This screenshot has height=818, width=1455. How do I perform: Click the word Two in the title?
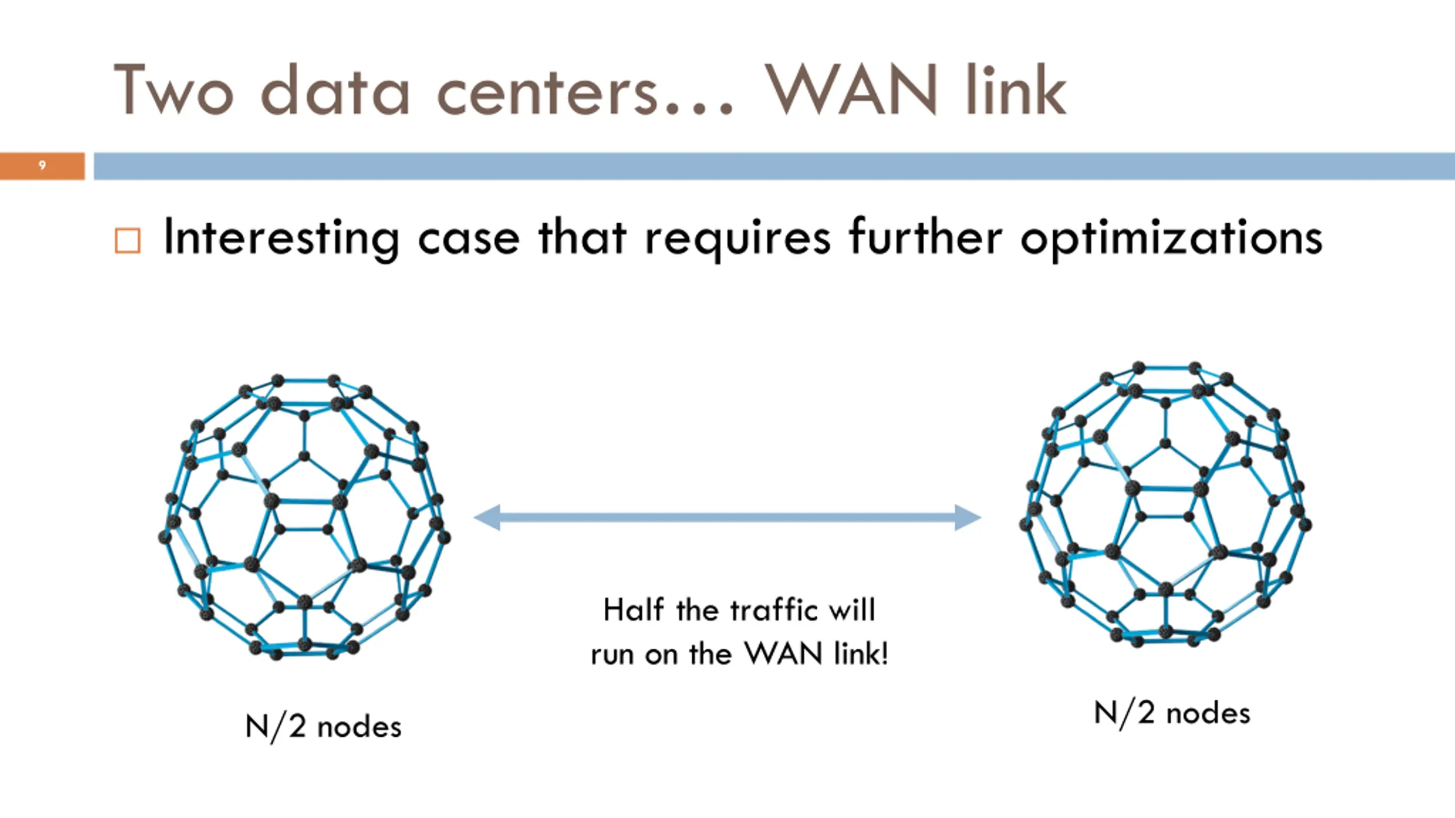(x=174, y=90)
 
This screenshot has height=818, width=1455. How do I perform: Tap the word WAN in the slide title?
(x=851, y=90)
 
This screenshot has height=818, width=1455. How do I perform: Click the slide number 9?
(x=42, y=165)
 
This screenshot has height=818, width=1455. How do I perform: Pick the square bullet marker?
(x=127, y=240)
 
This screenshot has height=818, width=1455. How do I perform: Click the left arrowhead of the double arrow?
(x=487, y=517)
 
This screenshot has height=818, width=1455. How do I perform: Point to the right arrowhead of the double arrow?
(x=968, y=517)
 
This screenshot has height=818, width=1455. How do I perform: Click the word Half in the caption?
(x=633, y=610)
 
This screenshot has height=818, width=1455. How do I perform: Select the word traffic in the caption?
(x=775, y=610)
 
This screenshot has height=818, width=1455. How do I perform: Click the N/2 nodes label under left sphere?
(x=323, y=727)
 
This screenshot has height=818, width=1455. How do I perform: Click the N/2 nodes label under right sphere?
(x=1172, y=713)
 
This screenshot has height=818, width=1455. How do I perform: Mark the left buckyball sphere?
(x=305, y=517)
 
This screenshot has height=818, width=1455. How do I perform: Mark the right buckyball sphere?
(x=1165, y=504)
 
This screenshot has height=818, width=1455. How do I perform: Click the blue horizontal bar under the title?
(x=774, y=166)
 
